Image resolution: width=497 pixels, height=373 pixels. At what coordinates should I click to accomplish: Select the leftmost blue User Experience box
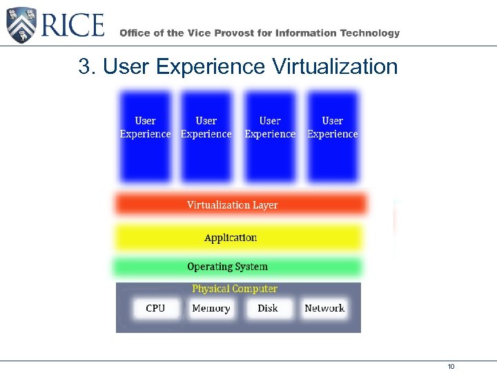point(145,136)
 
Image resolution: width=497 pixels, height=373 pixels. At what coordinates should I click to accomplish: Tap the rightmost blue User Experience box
point(333,136)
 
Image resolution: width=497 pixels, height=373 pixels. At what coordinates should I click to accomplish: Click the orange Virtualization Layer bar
point(240,204)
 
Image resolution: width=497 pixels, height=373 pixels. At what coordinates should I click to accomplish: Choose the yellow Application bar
point(237,238)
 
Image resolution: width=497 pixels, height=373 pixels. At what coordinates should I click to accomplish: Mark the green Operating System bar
point(237,267)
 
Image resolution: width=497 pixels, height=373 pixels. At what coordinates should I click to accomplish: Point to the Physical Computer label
point(235,289)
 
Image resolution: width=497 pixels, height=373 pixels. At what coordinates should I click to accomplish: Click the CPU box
point(155,308)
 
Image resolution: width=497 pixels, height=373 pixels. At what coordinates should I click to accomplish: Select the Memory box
point(211,308)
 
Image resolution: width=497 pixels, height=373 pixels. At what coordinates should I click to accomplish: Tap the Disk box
point(268,308)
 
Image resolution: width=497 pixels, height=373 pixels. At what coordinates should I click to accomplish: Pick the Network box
point(324,308)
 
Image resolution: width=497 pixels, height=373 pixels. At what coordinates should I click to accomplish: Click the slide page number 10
point(451,366)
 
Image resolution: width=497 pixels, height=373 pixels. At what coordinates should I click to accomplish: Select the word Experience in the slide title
point(211,67)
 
